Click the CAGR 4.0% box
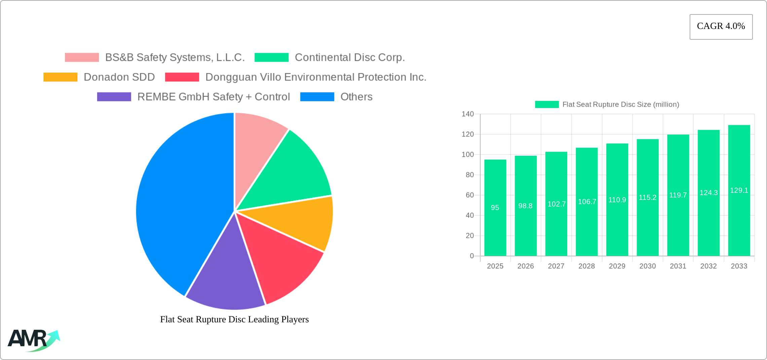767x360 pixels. click(x=721, y=27)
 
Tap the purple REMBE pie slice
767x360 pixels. click(x=224, y=279)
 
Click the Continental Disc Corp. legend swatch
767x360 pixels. click(x=271, y=58)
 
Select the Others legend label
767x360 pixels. click(x=356, y=97)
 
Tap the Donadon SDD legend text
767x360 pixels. click(x=119, y=77)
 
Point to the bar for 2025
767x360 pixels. click(x=495, y=229)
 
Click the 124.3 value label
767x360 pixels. click(x=709, y=193)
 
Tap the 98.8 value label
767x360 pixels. click(x=525, y=206)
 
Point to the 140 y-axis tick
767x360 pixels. click(x=468, y=114)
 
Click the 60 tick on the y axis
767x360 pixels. click(x=470, y=195)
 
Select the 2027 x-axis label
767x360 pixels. click(x=556, y=266)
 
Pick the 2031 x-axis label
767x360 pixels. click(x=678, y=266)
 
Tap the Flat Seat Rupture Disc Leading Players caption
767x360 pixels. click(x=234, y=319)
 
